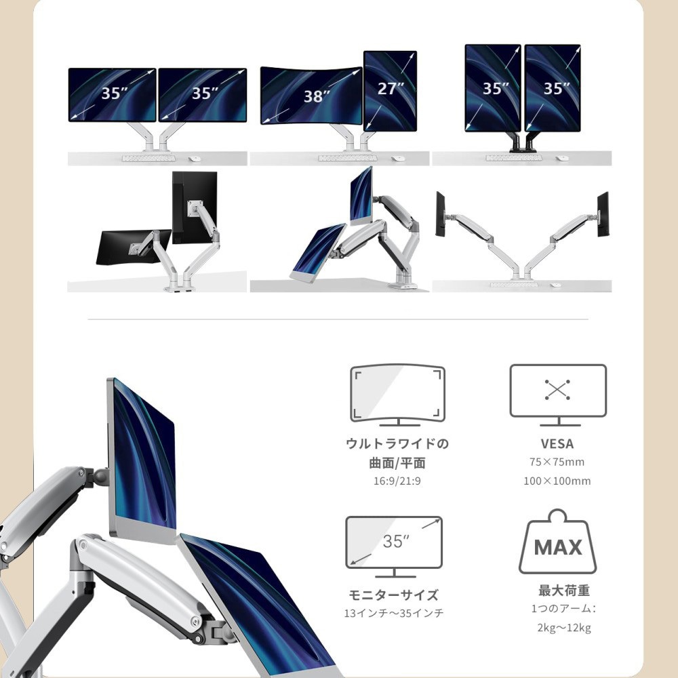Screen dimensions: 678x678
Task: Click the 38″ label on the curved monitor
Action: click(317, 96)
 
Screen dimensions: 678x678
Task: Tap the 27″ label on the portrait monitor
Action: click(391, 88)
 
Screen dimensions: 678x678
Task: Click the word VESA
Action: click(557, 443)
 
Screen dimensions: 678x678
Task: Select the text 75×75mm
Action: click(557, 462)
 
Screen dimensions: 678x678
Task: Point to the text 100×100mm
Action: click(557, 481)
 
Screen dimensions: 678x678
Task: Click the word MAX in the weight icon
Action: click(558, 547)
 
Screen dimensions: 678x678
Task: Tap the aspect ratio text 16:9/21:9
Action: click(397, 481)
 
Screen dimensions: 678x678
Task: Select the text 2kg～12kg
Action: click(564, 627)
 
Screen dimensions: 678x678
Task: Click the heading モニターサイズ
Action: click(393, 595)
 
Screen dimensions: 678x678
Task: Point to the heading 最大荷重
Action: click(564, 591)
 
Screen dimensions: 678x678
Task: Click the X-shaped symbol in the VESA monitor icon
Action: click(557, 390)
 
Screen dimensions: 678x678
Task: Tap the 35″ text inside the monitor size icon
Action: click(396, 541)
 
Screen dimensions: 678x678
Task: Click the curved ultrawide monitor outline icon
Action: click(397, 395)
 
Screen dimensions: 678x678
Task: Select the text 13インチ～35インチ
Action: click(393, 613)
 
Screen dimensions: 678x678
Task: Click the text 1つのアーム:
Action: click(564, 608)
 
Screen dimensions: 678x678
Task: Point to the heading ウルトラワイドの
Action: click(397, 443)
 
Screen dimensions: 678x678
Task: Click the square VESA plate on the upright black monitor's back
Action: click(195, 208)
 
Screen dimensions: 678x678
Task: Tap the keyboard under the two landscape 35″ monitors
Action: click(148, 158)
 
